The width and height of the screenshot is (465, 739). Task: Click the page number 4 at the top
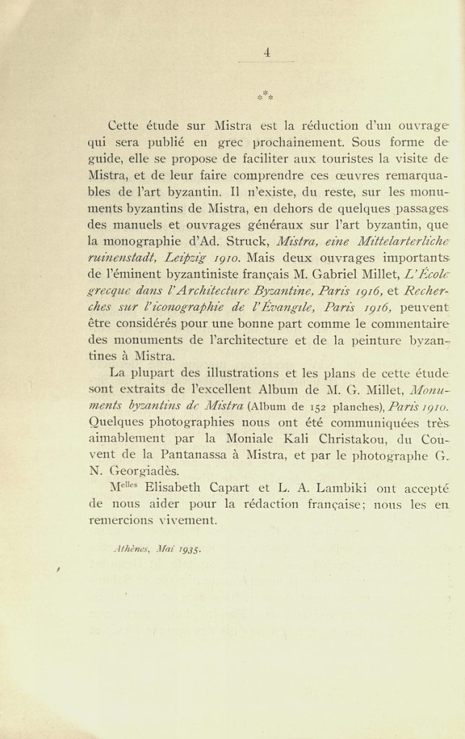pyautogui.click(x=267, y=51)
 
